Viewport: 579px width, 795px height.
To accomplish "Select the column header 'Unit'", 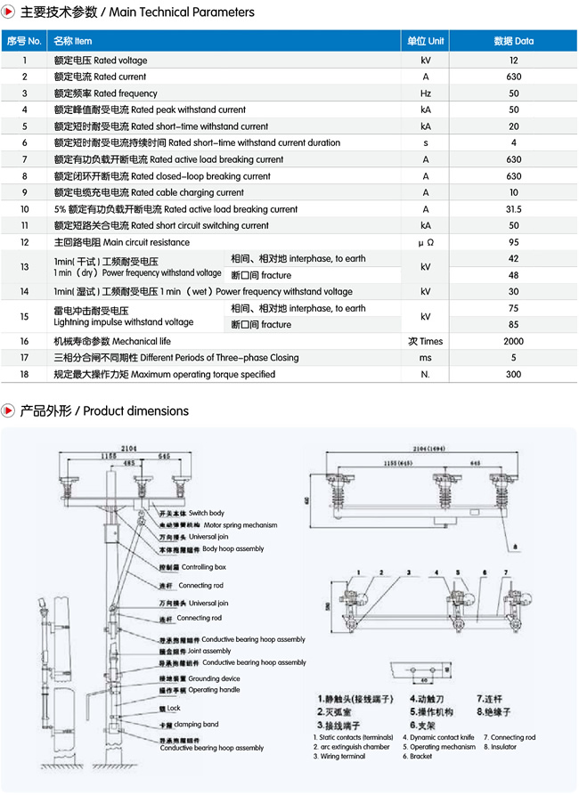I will click(x=426, y=41).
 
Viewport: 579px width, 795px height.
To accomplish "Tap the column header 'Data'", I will click(x=513, y=41).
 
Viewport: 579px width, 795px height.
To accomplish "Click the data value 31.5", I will click(x=513, y=209).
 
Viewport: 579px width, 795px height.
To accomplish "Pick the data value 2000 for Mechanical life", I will click(x=513, y=341).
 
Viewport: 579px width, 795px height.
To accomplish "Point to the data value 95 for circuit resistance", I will click(x=513, y=242).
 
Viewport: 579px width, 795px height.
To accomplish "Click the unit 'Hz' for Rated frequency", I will click(x=426, y=93).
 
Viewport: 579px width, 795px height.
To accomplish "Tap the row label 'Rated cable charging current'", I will click(x=149, y=192).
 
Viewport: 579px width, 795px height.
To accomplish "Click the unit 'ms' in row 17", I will click(x=426, y=358).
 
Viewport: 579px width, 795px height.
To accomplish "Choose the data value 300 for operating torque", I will click(x=513, y=375).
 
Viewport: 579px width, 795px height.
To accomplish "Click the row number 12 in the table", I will click(x=25, y=242).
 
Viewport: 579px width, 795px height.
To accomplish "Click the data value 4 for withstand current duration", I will click(x=513, y=143).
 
